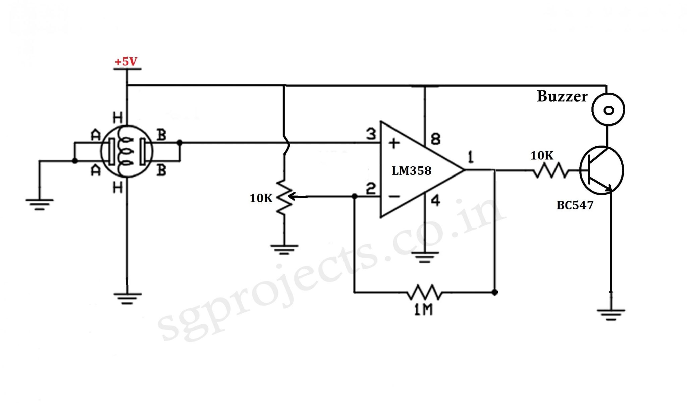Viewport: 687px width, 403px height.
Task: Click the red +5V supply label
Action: (126, 62)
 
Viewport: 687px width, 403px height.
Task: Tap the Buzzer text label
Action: (562, 97)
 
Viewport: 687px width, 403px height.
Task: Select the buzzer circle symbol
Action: (608, 110)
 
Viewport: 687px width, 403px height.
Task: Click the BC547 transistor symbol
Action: (601, 170)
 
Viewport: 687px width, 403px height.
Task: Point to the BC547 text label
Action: (575, 205)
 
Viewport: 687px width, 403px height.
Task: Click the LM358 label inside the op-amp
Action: (412, 171)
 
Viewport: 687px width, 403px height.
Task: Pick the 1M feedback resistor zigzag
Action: (424, 292)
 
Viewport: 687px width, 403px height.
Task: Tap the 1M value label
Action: (423, 310)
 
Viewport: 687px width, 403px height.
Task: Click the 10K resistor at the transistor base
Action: (551, 171)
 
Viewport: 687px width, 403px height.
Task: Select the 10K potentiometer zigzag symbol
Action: (284, 197)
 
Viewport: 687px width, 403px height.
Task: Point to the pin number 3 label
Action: (371, 134)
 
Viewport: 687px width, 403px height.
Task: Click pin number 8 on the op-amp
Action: (435, 139)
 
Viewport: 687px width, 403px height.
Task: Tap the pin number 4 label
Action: (435, 201)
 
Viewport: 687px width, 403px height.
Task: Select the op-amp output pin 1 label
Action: (471, 157)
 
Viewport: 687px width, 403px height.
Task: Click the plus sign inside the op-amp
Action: (394, 143)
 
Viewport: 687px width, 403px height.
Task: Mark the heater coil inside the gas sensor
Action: (126, 151)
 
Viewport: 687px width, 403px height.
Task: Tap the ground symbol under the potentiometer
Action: (284, 249)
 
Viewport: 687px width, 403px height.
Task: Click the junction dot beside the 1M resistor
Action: (495, 292)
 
